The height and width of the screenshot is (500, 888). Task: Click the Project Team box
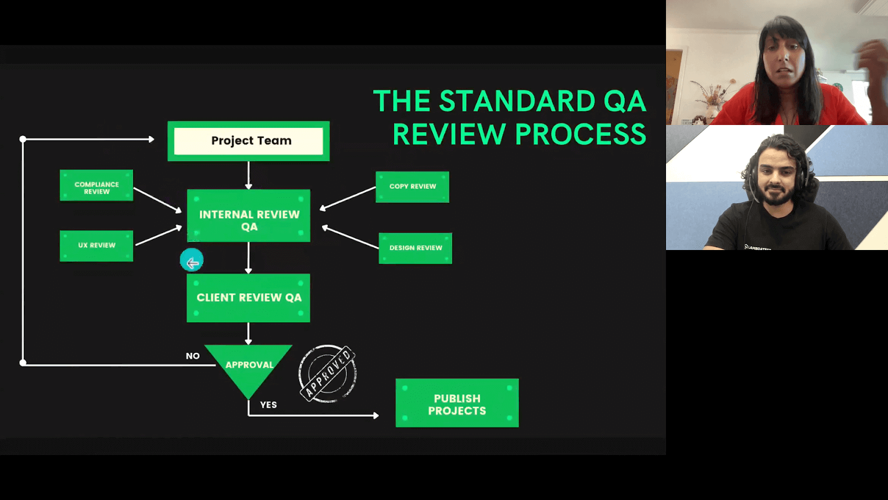(249, 141)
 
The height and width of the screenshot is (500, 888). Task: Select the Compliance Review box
(97, 186)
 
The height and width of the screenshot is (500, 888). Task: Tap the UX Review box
(97, 246)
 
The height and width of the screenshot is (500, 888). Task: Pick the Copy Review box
(412, 187)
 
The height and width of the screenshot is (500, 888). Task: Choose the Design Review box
(415, 248)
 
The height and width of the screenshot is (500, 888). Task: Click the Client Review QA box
(249, 298)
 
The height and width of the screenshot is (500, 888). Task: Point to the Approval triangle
(249, 367)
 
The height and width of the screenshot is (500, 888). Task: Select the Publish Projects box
(457, 403)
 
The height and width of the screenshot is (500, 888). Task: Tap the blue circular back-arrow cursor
(192, 260)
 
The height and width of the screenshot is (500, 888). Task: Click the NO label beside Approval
(193, 356)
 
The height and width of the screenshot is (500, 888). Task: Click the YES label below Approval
(269, 405)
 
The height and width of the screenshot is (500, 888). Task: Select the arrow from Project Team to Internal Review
(249, 175)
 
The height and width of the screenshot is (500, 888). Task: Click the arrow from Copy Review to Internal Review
(348, 198)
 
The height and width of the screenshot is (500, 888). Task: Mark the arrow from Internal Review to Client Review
(249, 258)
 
